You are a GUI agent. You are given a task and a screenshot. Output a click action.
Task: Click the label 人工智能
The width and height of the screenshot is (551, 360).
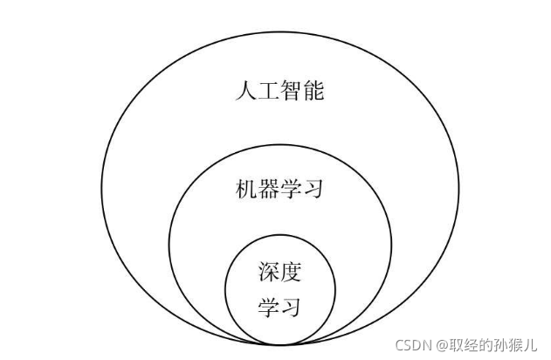[x=279, y=91]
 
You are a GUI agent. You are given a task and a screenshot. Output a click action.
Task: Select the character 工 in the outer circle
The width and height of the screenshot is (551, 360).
[x=269, y=91]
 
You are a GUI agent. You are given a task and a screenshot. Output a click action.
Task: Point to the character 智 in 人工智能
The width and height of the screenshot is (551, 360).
[x=291, y=91]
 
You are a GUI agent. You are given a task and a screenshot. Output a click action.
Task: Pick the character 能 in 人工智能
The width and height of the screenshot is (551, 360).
[x=313, y=91]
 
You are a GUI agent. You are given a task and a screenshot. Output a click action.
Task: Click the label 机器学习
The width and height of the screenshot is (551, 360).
[x=279, y=189]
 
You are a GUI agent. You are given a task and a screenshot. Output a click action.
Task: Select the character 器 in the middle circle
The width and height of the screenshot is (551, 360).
[x=269, y=189]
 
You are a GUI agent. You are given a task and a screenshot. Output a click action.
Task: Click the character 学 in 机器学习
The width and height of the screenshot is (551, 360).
[x=291, y=189]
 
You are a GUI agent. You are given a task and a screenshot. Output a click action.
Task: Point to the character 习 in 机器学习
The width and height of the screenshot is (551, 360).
[x=313, y=189]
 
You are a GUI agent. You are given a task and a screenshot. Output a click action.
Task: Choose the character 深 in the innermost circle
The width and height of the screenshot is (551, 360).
[x=269, y=272]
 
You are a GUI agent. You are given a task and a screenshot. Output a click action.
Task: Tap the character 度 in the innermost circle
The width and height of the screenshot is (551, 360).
[x=291, y=272]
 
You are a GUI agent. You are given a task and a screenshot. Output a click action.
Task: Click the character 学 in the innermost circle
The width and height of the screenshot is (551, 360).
[x=269, y=308]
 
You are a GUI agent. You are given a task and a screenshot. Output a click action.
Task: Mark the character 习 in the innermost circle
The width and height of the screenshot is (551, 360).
[x=291, y=308]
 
